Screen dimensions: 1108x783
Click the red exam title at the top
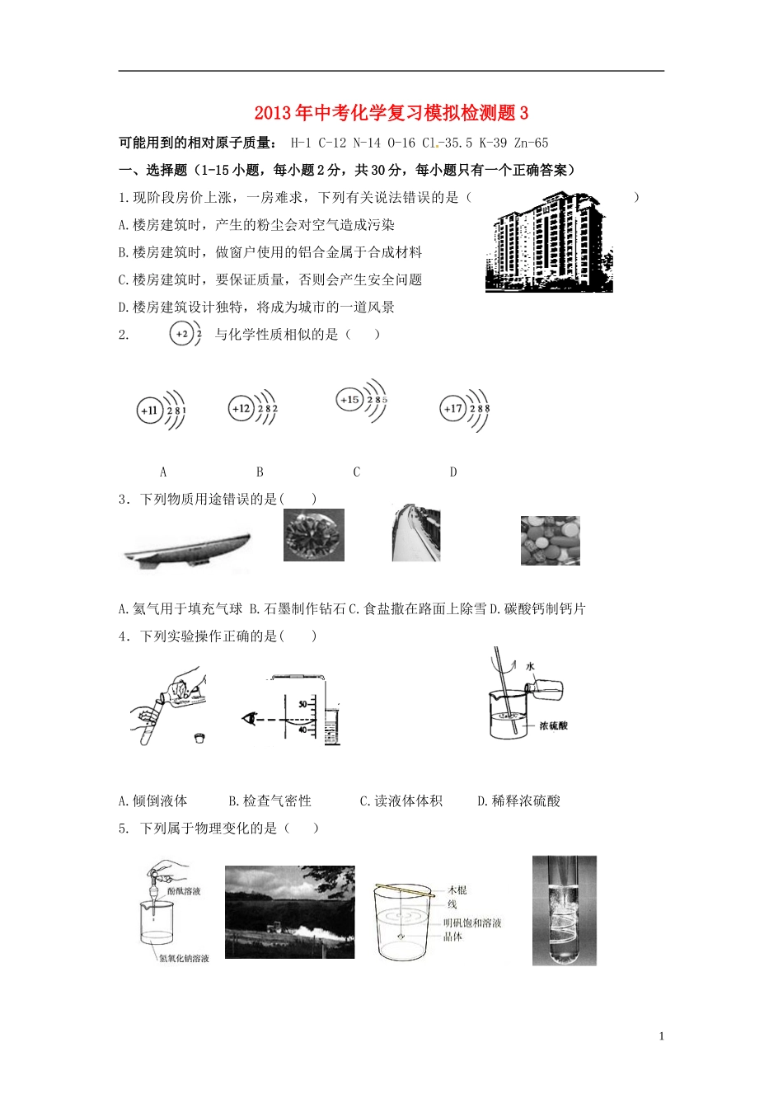pos(391,113)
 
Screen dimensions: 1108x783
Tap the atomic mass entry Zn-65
pos(532,143)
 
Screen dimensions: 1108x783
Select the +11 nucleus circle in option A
pos(150,410)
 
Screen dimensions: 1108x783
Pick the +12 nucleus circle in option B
pos(241,408)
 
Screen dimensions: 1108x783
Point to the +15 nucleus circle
pos(349,400)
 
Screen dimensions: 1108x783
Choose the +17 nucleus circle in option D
pos(453,408)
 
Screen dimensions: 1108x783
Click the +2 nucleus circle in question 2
pos(181,334)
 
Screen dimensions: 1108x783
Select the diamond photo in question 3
pos(313,535)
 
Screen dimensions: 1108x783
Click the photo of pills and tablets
pos(550,541)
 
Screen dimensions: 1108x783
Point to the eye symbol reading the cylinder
pos(249,719)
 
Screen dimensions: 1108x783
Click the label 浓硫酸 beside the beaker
pos(553,725)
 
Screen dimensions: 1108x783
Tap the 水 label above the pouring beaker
pos(530,665)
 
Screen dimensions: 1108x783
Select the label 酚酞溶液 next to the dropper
pos(184,891)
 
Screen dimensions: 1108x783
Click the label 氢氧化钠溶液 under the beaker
pos(184,959)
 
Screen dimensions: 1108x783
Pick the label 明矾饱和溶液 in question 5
pos(472,923)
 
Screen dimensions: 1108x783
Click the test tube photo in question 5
pos(564,910)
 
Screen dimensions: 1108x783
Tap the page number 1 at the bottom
pos(661,1036)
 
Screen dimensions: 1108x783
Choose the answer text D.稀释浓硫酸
pos(518,800)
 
